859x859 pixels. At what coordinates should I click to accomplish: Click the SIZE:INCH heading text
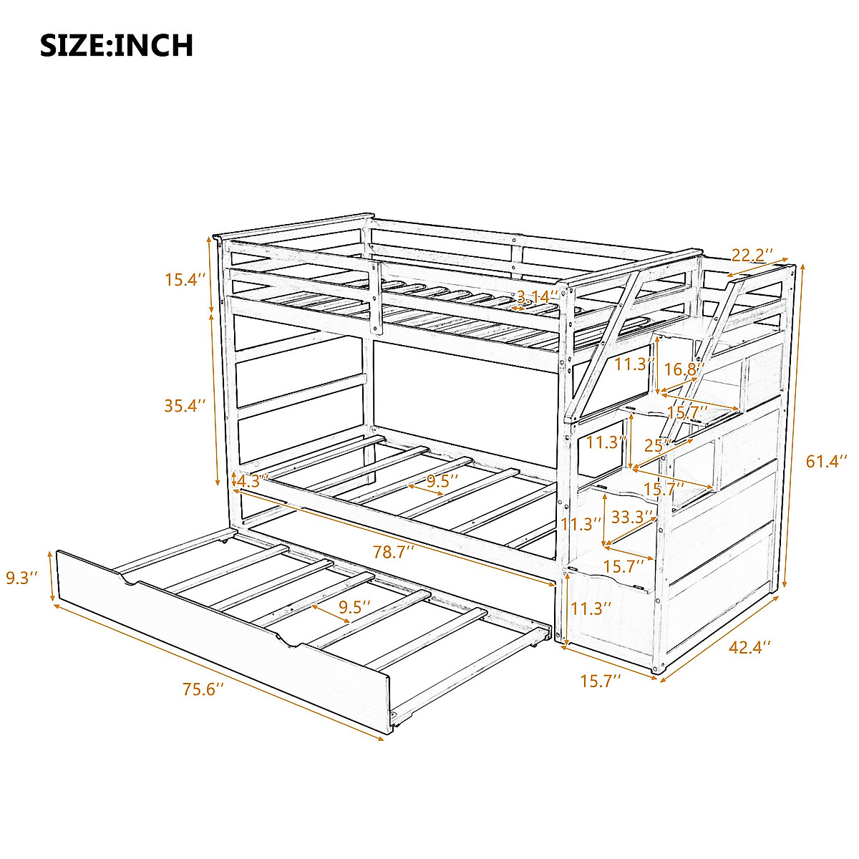(117, 45)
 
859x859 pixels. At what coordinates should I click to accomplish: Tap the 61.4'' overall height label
(826, 461)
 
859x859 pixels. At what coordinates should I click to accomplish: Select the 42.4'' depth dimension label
(749, 647)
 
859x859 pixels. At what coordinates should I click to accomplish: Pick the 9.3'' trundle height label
(21, 577)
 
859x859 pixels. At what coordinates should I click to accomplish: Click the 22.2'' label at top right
(752, 255)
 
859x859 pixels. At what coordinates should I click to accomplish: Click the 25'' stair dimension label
(656, 446)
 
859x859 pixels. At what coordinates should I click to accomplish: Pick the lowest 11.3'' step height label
(591, 608)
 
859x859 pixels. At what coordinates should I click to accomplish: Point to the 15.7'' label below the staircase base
(600, 680)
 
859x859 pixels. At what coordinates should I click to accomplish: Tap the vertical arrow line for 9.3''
(51, 577)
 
